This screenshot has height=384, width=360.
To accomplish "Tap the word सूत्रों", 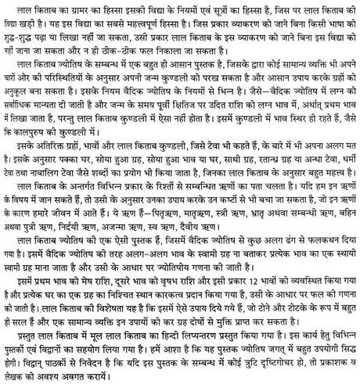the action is pos(220,8).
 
